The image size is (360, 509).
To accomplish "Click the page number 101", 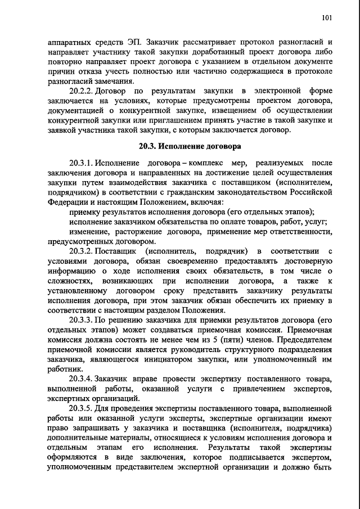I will (x=327, y=18).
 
